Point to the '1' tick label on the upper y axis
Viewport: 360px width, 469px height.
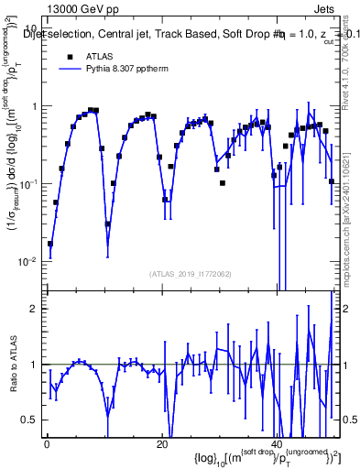[35, 106]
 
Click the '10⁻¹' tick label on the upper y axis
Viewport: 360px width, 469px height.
[29, 184]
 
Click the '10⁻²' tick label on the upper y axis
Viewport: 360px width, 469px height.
[29, 262]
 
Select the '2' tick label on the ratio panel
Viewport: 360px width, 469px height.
[35, 309]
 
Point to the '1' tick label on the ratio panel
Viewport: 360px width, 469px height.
[35, 365]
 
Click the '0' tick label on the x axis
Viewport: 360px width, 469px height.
[47, 443]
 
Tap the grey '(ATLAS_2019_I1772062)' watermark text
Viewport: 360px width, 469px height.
[190, 274]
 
